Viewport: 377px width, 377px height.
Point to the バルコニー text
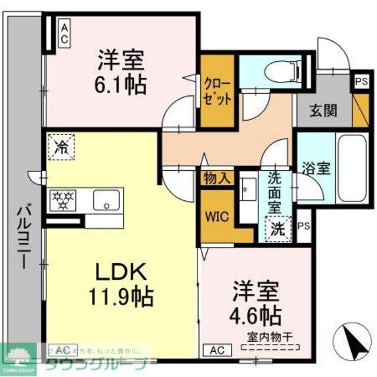[x=24, y=236]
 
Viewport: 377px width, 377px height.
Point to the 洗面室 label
[x=275, y=192]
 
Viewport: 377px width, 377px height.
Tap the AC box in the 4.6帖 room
[x=214, y=350]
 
